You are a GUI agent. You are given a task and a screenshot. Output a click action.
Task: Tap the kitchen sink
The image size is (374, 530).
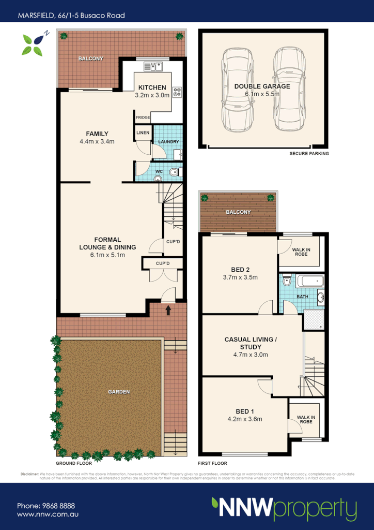coord(153,66)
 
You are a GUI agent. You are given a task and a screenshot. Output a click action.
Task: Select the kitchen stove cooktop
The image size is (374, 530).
coord(177,92)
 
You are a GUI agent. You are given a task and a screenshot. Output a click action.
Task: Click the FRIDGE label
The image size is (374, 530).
coord(143,118)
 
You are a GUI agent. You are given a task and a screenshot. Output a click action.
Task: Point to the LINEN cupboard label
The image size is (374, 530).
coord(143,133)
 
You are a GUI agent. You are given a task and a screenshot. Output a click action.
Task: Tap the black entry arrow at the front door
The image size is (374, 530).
coord(168,310)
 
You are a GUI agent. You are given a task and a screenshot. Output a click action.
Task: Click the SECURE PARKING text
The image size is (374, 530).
coord(309,154)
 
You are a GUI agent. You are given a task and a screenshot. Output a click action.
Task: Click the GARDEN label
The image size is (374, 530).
coord(119,392)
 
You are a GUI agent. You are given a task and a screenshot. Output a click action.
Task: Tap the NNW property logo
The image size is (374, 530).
coord(284,508)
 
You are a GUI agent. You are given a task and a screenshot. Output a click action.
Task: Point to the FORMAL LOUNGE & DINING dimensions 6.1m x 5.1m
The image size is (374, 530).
coord(107,255)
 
